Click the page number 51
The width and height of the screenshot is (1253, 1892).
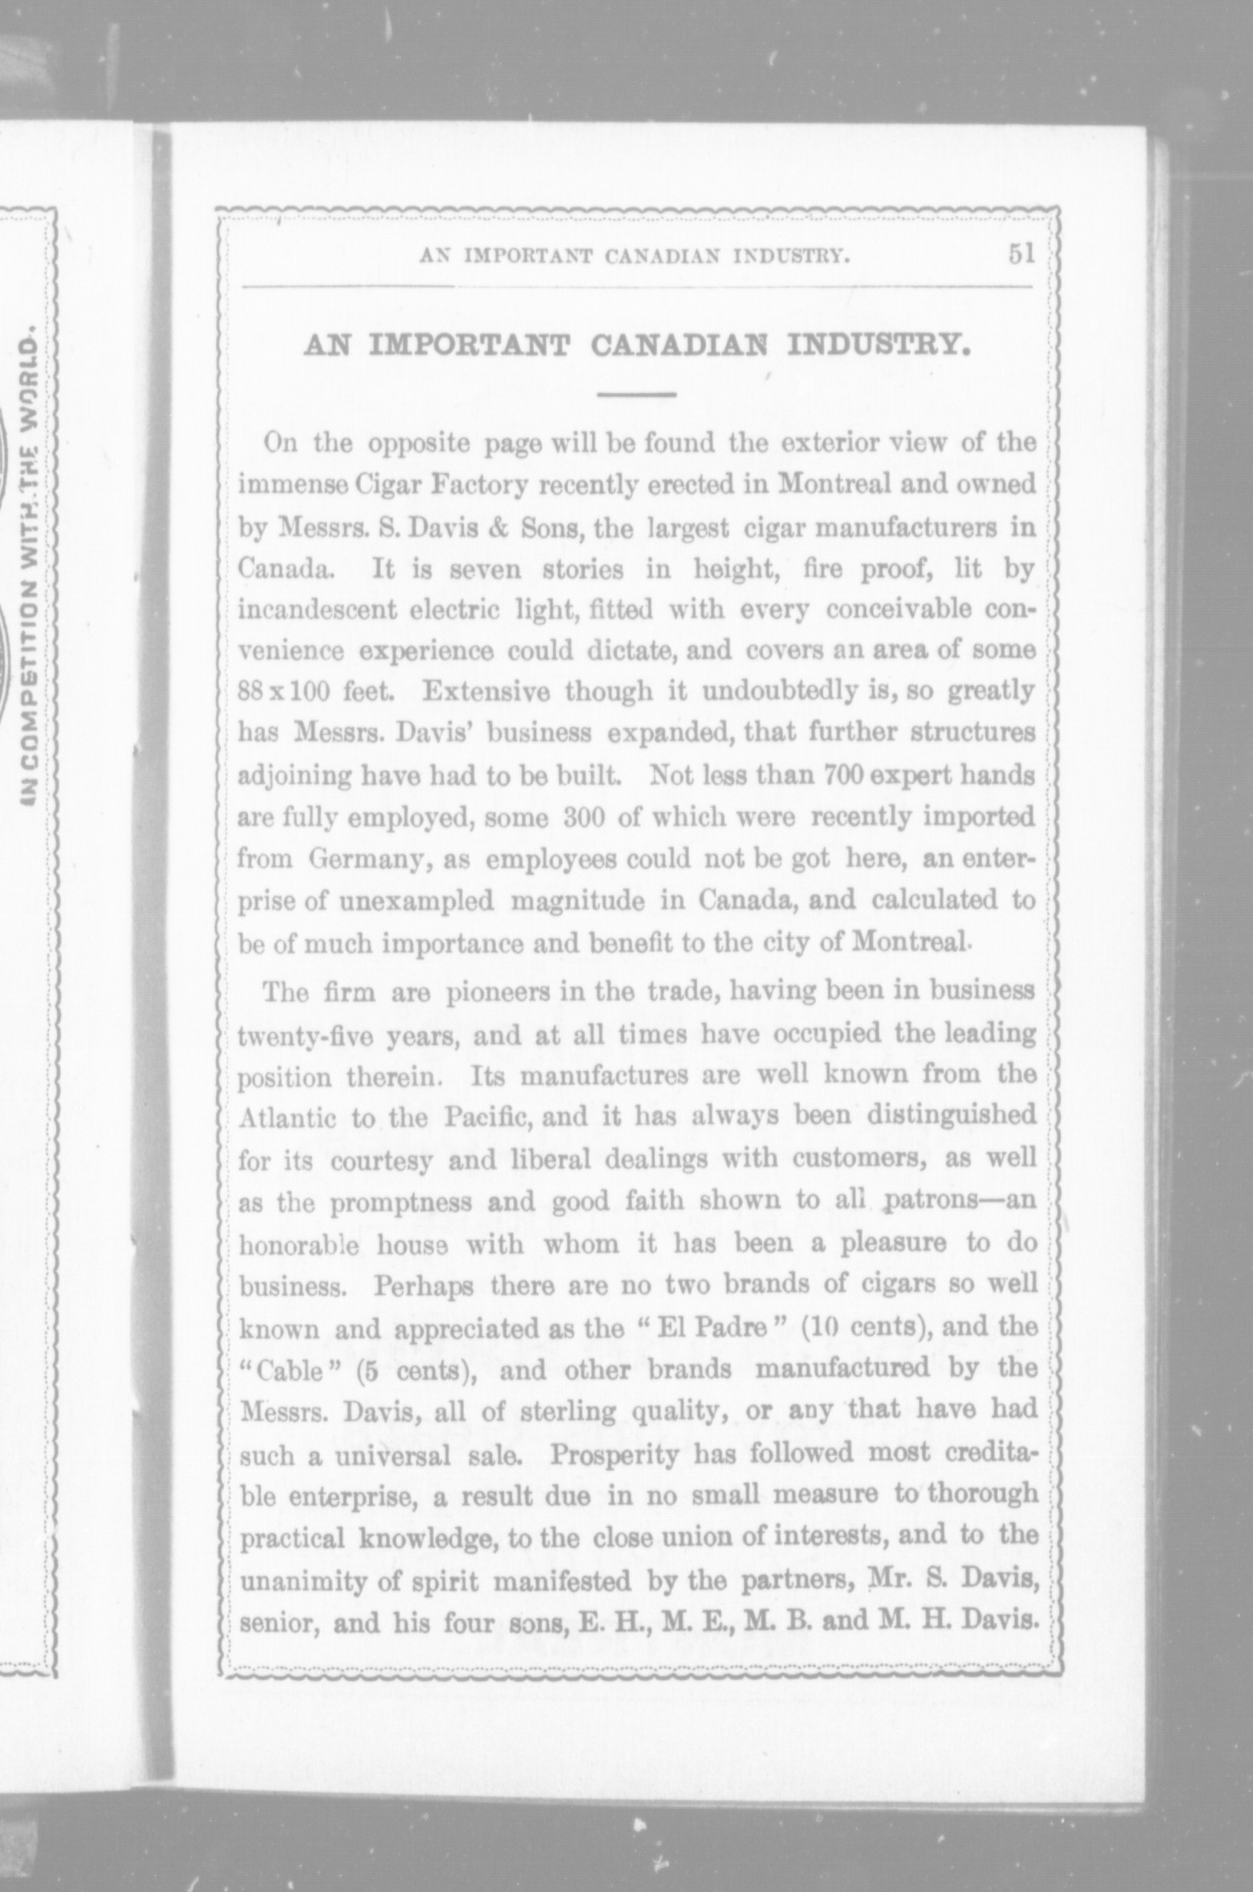1020,254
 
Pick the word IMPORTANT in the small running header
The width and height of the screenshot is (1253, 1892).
528,257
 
